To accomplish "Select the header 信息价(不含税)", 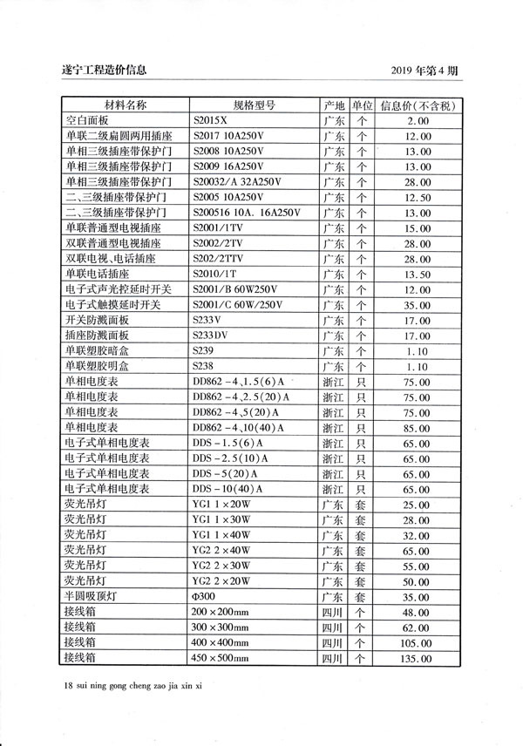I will tap(418, 105).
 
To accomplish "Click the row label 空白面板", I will tap(86, 121).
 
